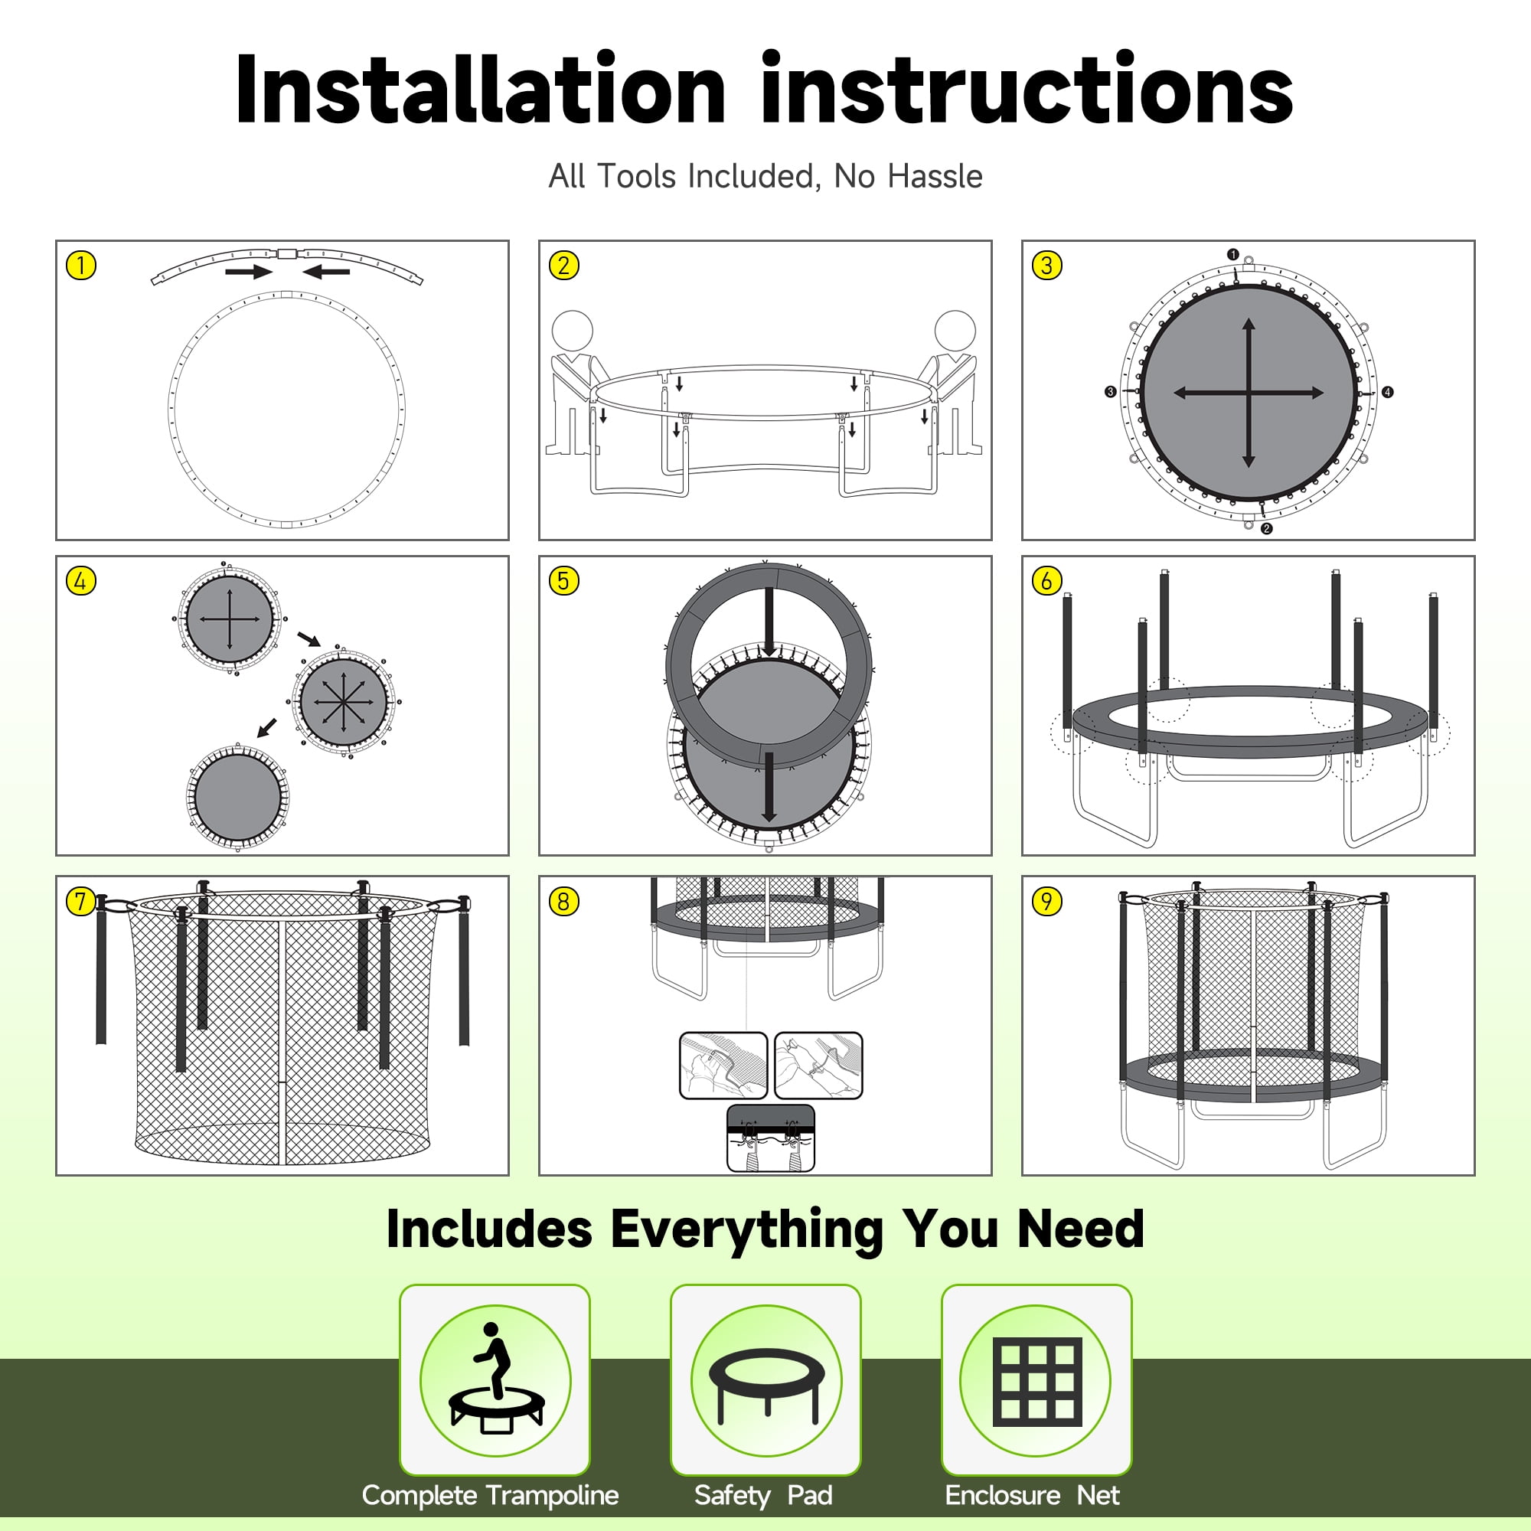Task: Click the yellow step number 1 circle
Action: (81, 265)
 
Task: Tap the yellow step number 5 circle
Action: (563, 580)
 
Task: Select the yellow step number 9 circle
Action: (1046, 901)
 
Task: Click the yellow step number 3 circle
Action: (1046, 265)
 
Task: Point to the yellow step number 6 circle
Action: (1046, 580)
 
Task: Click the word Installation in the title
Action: (480, 89)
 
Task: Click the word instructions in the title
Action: (1027, 89)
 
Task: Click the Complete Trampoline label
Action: (490, 1494)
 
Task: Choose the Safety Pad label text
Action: (763, 1495)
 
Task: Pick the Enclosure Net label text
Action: (1032, 1494)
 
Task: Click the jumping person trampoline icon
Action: (495, 1379)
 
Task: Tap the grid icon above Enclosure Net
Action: (1036, 1380)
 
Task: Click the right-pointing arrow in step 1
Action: (249, 272)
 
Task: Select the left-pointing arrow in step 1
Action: (325, 272)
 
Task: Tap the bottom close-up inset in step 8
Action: (770, 1138)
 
